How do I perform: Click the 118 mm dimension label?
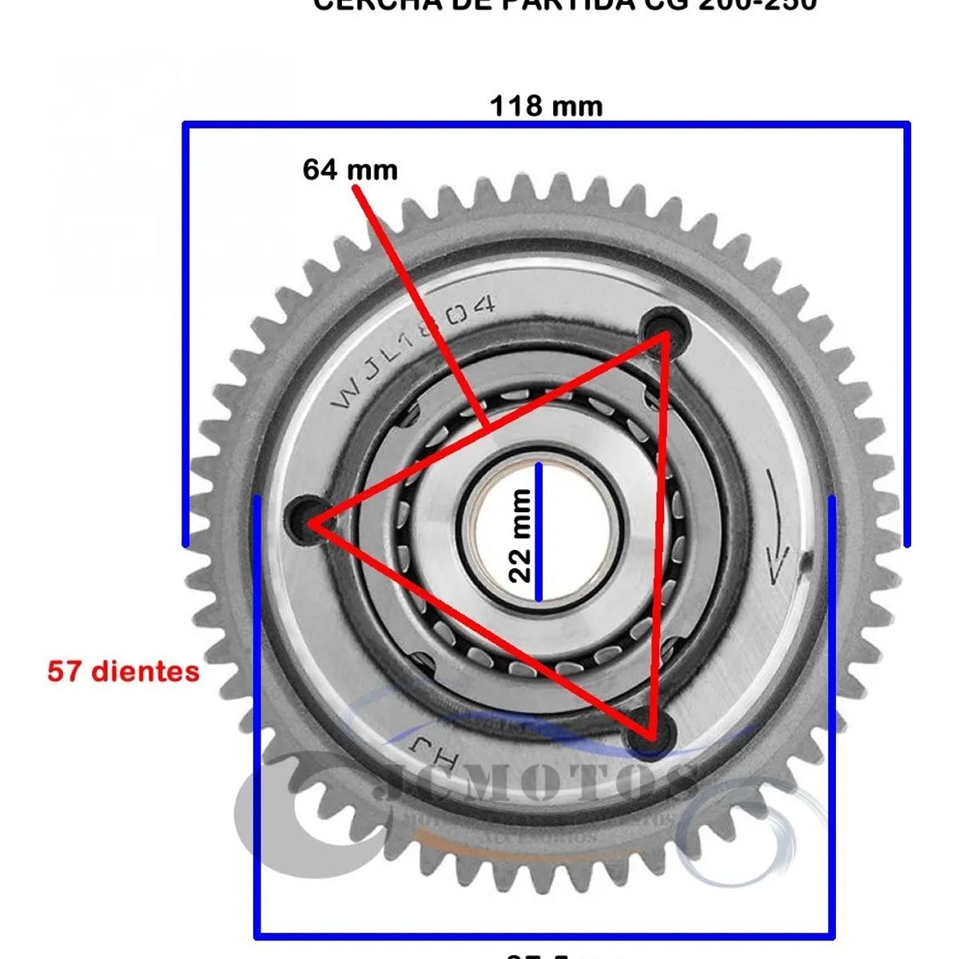click(546, 105)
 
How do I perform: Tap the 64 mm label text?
click(350, 169)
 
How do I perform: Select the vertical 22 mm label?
click(520, 535)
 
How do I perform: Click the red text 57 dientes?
click(124, 671)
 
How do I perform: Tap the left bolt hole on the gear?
click(308, 519)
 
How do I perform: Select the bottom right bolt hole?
click(651, 730)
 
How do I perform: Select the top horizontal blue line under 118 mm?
click(546, 124)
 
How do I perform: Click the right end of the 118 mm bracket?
click(908, 336)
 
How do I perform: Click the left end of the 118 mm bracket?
click(185, 336)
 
